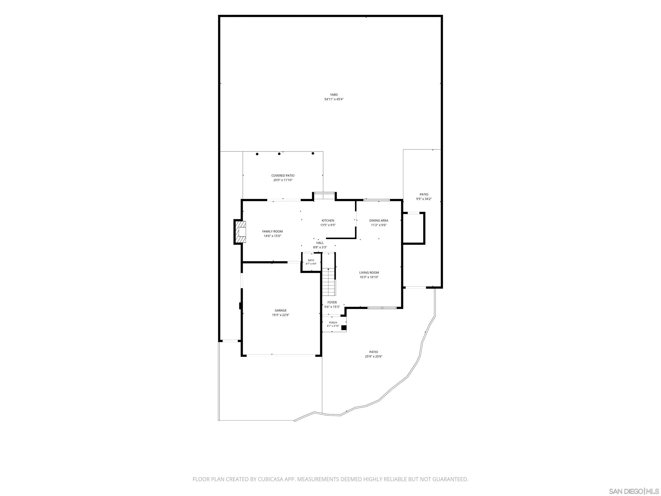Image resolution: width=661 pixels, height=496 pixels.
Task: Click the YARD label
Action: tap(334, 95)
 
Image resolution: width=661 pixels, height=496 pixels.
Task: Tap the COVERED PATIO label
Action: tap(283, 175)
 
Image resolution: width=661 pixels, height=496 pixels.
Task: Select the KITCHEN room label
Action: tap(328, 221)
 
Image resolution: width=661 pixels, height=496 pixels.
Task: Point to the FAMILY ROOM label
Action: tap(272, 231)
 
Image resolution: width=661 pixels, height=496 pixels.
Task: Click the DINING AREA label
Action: tap(379, 221)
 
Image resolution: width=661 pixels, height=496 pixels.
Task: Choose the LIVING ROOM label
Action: tap(369, 273)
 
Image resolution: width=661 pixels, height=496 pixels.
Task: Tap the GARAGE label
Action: tap(281, 311)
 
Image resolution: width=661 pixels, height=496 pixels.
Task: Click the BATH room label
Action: tap(311, 260)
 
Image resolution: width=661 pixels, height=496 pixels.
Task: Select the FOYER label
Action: tap(332, 302)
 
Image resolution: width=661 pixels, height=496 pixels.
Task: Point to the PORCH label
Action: tap(333, 323)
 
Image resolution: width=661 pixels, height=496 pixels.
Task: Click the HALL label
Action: tap(320, 243)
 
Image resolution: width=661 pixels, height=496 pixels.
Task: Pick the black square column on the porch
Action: tap(344, 328)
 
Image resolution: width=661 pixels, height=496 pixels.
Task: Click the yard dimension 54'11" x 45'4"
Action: tap(334, 99)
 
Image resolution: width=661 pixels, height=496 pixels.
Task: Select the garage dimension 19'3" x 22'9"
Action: tap(281, 315)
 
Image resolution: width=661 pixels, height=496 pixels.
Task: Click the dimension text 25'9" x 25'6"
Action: tap(374, 356)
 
